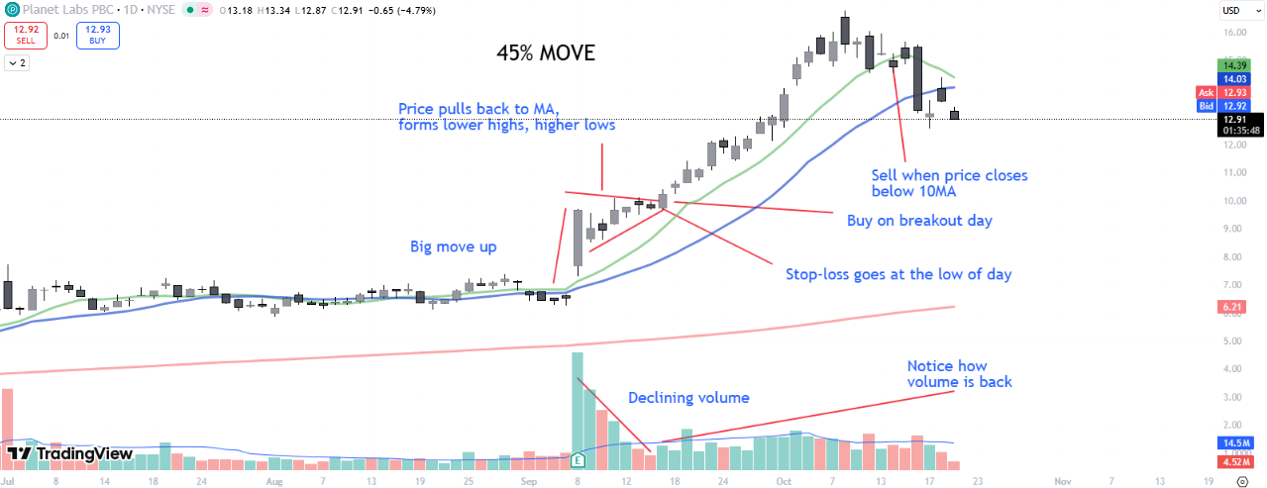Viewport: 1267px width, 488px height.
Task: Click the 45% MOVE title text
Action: pyautogui.click(x=546, y=53)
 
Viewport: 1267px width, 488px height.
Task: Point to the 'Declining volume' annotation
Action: pyautogui.click(x=688, y=398)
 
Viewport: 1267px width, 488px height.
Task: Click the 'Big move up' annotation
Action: pyautogui.click(x=454, y=246)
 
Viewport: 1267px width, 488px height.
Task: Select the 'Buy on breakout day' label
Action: pyautogui.click(x=919, y=220)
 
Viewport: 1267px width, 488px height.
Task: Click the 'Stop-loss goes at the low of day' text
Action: pyautogui.click(x=898, y=274)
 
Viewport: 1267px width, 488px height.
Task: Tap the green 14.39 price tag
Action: pyautogui.click(x=1232, y=64)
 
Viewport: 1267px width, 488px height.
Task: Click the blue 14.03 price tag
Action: pyautogui.click(x=1232, y=78)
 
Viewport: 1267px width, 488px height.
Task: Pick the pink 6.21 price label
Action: pyautogui.click(x=1232, y=308)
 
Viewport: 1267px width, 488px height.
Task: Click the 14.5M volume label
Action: pyautogui.click(x=1234, y=442)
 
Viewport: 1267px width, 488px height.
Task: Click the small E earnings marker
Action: pyautogui.click(x=578, y=459)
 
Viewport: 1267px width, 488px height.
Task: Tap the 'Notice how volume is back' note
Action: pyautogui.click(x=959, y=373)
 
